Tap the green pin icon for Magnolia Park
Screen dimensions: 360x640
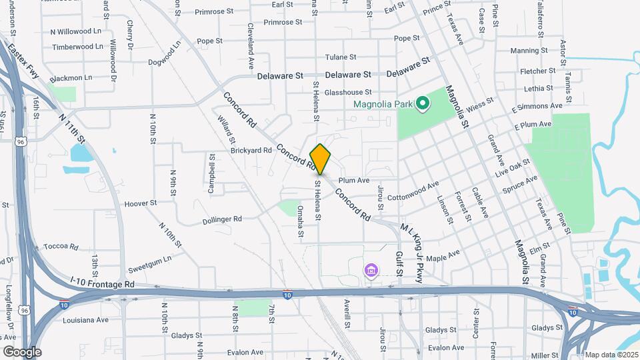421,103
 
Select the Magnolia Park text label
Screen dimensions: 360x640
382,104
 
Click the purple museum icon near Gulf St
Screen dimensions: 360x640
371,271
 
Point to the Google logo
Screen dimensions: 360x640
21,352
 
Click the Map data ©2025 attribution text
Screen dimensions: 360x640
611,355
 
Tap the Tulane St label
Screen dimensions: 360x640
341,57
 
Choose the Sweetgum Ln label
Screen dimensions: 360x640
150,259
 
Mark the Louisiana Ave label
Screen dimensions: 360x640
85,319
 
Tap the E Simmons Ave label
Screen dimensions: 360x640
537,107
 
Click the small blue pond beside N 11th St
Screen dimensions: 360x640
81,153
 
